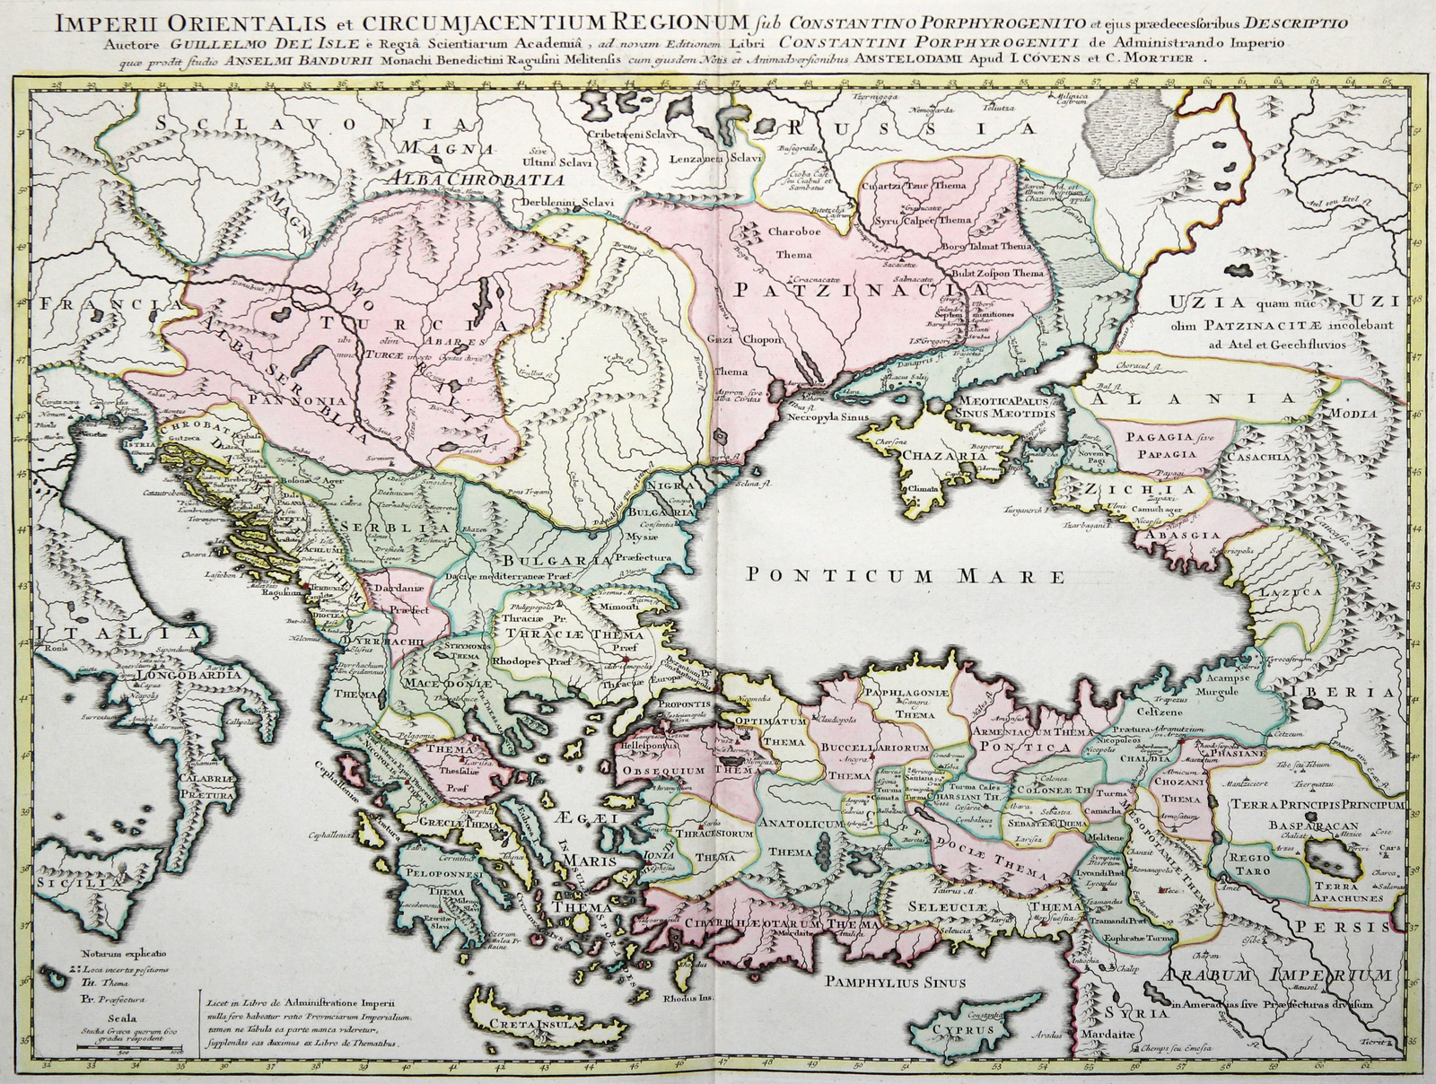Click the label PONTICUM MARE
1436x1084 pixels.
click(x=906, y=575)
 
